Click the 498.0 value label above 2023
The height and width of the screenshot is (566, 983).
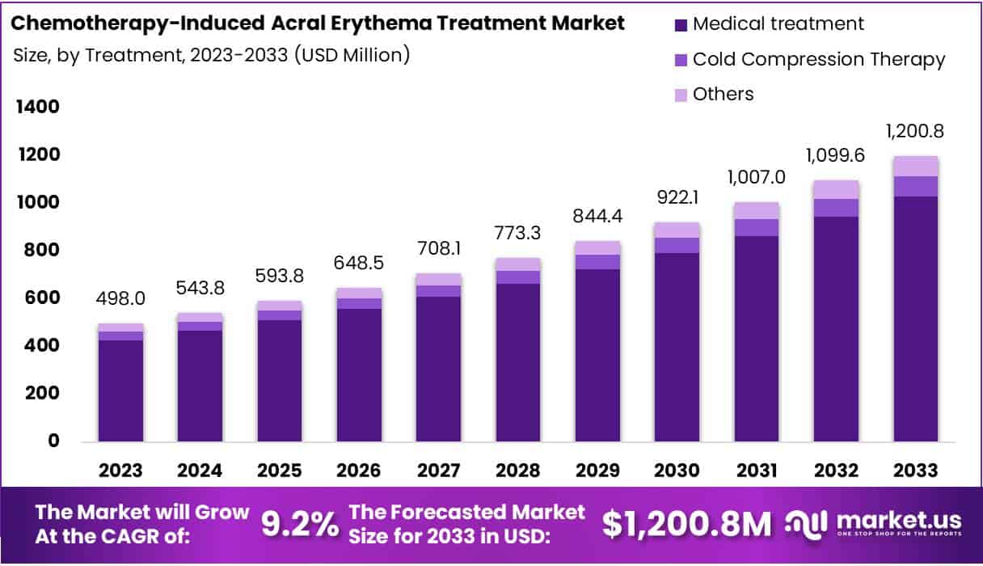pos(121,299)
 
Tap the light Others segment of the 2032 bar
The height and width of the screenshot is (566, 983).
pos(836,189)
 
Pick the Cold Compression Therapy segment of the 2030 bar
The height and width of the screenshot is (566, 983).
pos(677,245)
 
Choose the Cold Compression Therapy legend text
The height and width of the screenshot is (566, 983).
pos(819,59)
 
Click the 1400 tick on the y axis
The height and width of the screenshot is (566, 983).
pos(36,107)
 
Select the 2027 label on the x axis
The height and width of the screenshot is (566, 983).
pos(439,471)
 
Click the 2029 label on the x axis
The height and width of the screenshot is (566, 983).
pos(597,471)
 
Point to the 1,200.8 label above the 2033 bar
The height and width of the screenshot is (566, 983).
pos(915,131)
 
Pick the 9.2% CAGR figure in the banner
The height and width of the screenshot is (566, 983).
pos(300,524)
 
